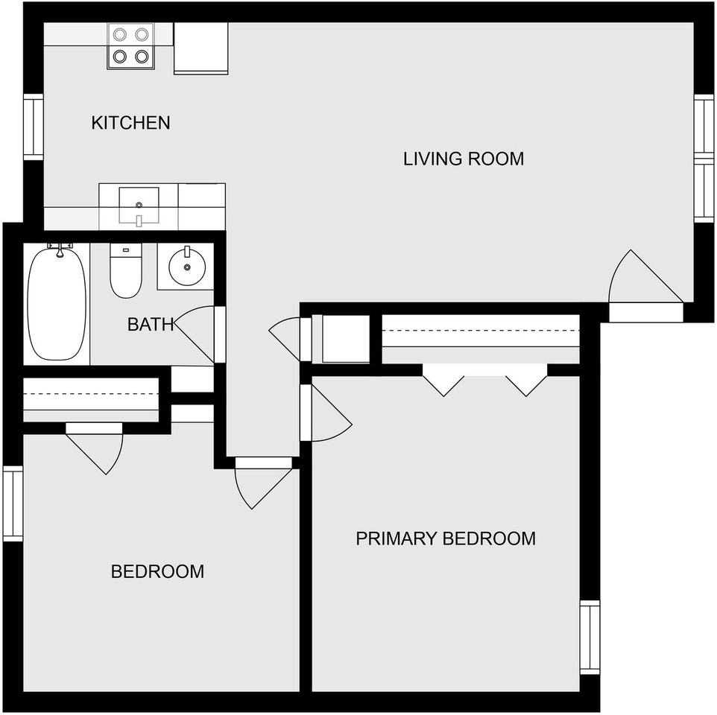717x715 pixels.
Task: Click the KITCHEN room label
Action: pos(130,123)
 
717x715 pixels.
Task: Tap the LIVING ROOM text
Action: pos(464,159)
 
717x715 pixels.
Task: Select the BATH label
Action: pos(151,325)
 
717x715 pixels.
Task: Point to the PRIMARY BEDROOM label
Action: pos(446,538)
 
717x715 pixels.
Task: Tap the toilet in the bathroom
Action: pos(126,270)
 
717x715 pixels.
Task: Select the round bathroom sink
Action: pos(186,267)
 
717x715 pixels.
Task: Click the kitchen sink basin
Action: pos(139,205)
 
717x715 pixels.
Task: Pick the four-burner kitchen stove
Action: pos(130,46)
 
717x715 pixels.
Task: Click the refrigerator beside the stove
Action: pos(200,48)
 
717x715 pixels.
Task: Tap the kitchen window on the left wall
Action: pos(34,127)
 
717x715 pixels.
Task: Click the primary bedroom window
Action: pos(590,638)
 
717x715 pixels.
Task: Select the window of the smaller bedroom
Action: pos(13,503)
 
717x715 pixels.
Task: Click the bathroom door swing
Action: pos(195,334)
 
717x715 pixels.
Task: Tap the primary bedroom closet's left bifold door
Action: pos(443,380)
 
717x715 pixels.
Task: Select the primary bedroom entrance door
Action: pos(326,413)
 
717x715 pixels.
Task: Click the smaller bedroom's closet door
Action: pos(94,448)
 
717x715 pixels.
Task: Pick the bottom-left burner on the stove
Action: pos(120,57)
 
